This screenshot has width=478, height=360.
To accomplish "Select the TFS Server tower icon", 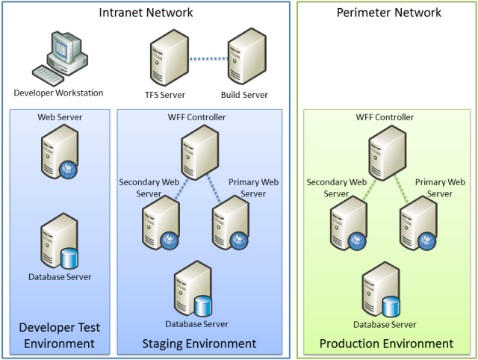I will point(167,58).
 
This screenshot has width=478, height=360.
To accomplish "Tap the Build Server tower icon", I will point(246,58).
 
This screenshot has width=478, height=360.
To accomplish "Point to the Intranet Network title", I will point(146,13).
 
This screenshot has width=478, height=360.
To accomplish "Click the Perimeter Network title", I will point(388,13).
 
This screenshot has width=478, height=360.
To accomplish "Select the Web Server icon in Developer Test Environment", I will point(60,153).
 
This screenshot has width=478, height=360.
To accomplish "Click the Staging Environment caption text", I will point(199,344).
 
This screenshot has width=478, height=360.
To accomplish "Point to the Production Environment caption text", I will point(386,344).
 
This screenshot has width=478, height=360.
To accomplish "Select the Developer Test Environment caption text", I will point(60,335).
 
